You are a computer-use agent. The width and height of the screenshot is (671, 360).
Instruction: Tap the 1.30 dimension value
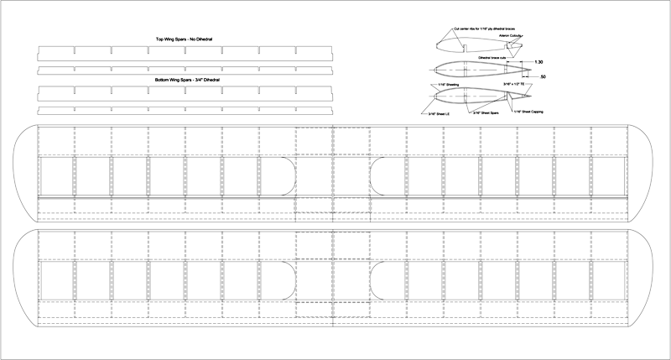(x=539, y=62)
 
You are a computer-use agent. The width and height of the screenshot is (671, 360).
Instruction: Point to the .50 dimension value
(x=544, y=77)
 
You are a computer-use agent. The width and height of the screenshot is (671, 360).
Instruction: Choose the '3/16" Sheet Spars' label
(x=486, y=112)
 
